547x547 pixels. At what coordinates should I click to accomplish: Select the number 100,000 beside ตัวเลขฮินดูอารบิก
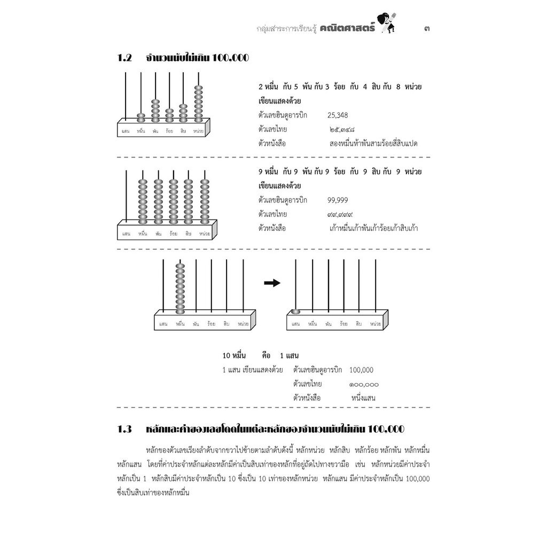pyautogui.click(x=362, y=370)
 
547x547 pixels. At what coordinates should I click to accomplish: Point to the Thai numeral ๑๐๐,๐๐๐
pyautogui.click(x=364, y=384)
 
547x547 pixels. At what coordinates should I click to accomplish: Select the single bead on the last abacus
pyautogui.click(x=295, y=311)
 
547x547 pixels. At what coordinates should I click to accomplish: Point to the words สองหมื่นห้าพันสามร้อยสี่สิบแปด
pyautogui.click(x=373, y=144)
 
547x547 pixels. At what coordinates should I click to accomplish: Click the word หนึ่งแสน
pyautogui.click(x=363, y=398)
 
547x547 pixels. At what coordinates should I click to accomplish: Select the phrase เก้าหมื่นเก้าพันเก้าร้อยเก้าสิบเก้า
pyautogui.click(x=374, y=229)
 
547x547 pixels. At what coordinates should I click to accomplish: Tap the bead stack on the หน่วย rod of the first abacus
pyautogui.click(x=199, y=103)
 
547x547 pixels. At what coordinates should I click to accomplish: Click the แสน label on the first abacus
pyautogui.click(x=125, y=130)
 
